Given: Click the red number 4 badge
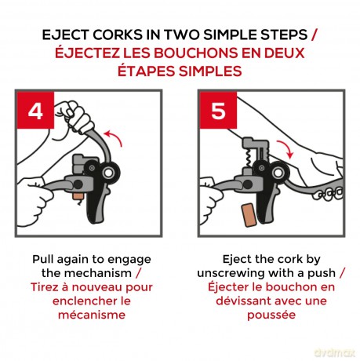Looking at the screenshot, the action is tap(35, 110).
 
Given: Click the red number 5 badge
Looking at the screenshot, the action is tap(218, 110).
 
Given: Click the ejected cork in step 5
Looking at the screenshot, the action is tap(249, 215).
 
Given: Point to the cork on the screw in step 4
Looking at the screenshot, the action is tap(78, 196).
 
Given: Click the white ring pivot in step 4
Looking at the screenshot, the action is tap(107, 173).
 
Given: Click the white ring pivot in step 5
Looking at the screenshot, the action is tap(278, 173).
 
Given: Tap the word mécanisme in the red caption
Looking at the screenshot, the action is tap(92, 315).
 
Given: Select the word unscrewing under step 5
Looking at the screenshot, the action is tap(231, 273).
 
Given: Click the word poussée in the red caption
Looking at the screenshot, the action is tap(271, 315).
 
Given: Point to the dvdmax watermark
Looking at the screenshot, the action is tap(334, 352).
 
